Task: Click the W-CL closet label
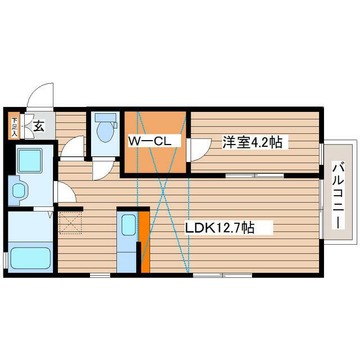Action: [150, 141]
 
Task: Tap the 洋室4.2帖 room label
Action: [252, 142]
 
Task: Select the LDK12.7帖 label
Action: [220, 227]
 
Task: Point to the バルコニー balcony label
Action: [338, 195]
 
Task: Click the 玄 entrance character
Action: [39, 126]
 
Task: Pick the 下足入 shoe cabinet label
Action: [14, 127]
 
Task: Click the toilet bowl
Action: [105, 132]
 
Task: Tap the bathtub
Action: [30, 258]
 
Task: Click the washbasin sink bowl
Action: [19, 191]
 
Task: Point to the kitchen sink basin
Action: [128, 225]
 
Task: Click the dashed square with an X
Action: [70, 223]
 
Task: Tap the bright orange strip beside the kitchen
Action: [145, 242]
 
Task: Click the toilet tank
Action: [105, 118]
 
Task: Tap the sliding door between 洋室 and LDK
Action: [255, 176]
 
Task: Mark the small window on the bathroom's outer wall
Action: [5, 260]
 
